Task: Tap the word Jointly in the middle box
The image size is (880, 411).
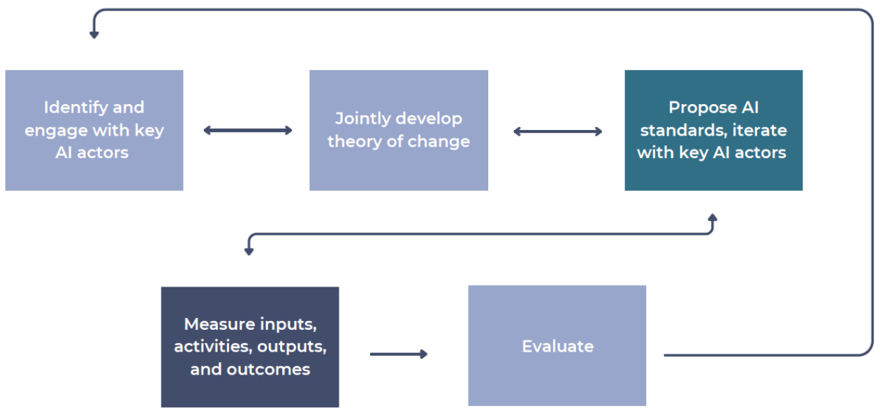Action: [x=361, y=119]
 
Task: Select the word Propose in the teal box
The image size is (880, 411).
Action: [x=703, y=108]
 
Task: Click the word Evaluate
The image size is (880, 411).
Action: [x=558, y=347]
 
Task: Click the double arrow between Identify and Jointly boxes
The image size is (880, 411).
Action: [x=248, y=131]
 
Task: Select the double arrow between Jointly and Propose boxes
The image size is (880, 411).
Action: [x=558, y=131]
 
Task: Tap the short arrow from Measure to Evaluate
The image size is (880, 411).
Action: [x=399, y=354]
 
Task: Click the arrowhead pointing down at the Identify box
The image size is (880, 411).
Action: [x=94, y=35]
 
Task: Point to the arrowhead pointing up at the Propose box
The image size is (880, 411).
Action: [x=712, y=217]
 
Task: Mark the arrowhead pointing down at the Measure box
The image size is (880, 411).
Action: [x=249, y=252]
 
